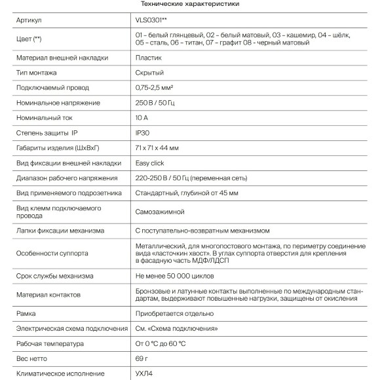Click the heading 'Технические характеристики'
pos(189,5)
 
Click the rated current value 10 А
pos(142,118)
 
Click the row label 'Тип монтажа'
pos(39,73)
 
